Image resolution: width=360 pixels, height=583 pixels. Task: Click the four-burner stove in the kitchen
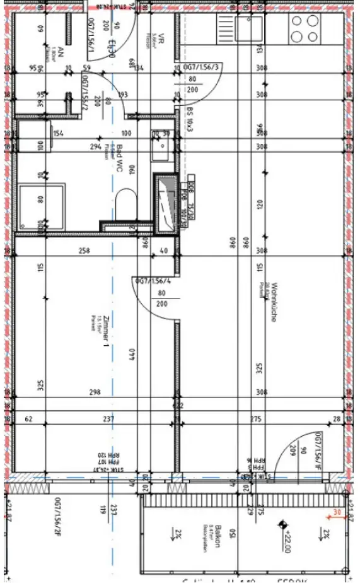(305, 28)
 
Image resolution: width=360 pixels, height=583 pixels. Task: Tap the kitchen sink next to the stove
(249, 28)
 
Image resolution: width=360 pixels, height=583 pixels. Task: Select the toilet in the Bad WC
(125, 203)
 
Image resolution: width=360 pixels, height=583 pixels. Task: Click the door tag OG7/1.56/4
(149, 280)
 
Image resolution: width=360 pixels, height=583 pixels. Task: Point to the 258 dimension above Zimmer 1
(83, 251)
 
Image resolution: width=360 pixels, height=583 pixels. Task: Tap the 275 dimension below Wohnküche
(256, 418)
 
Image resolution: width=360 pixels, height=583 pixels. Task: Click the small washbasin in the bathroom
(159, 150)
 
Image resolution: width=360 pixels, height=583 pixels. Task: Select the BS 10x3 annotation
(189, 119)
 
